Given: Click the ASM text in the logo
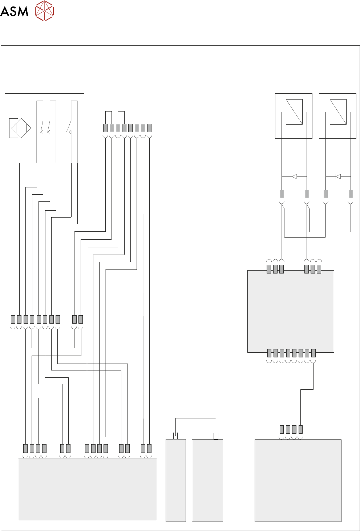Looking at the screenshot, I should pos(14,11).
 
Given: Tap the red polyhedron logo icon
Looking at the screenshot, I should pos(44,11).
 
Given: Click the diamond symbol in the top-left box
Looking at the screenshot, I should pos(21,128).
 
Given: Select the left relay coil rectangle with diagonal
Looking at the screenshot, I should pos(294,112).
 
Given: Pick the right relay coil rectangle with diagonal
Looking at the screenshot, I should pos(338,112).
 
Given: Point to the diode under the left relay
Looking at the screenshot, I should pos(294,177).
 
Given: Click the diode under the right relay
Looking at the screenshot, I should pos(338,177).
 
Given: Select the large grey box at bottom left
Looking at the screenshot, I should pos(88,489).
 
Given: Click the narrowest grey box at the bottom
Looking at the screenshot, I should pos(176,480).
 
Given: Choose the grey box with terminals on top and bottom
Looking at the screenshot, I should pos(291,311).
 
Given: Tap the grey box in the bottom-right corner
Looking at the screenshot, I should pos(298,480).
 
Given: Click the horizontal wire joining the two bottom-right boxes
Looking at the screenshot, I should pos(239,508).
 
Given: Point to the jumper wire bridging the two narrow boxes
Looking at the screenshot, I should pos(195,419).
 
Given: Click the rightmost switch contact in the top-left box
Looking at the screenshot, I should pos(71,128).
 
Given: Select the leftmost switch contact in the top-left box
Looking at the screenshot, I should pos(42,128).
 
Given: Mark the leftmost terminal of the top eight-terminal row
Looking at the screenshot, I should pos(105,128).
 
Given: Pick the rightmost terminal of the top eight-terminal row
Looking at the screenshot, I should pos(149,128).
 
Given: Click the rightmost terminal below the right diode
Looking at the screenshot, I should pos(351,194).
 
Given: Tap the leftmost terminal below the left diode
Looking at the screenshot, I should pos(282,194).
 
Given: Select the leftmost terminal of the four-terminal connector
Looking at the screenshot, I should pos(282,429).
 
